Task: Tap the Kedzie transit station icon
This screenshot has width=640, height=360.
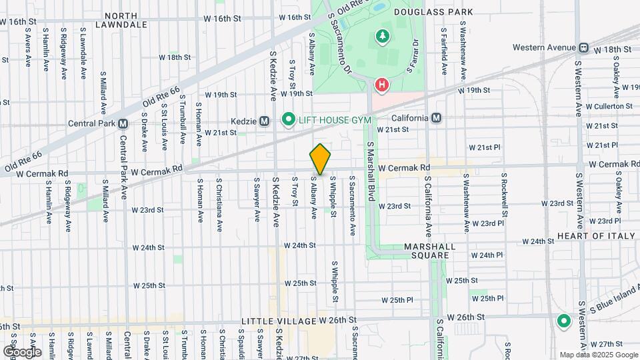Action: coord(265,121)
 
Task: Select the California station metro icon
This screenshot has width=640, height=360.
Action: coord(436,118)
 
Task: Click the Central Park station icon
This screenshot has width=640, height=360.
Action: coord(123,123)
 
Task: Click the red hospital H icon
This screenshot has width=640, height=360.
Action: coord(381,85)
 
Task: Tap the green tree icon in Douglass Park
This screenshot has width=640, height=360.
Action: coord(383,37)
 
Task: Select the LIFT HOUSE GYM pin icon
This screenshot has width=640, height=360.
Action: coord(288,119)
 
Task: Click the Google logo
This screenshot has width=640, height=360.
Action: coord(22,351)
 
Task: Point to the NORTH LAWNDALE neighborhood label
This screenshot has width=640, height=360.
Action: coord(121,20)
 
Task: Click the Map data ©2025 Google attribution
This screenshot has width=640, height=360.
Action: coord(598,355)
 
